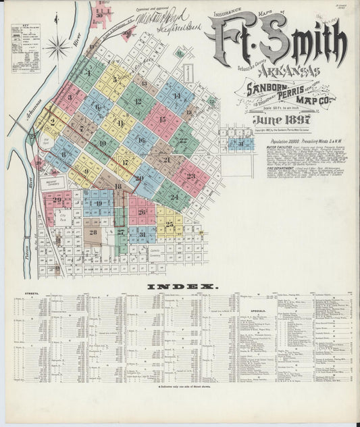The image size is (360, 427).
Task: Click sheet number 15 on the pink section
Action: (162, 120)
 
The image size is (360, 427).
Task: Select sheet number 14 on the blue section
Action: (176, 96)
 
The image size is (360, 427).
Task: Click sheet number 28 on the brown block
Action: (93, 232)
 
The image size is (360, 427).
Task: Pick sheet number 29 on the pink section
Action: (57, 199)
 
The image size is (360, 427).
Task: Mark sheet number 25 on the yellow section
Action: (170, 222)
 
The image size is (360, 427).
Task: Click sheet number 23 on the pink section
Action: (191, 176)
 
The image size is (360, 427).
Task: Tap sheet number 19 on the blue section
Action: (99, 203)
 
